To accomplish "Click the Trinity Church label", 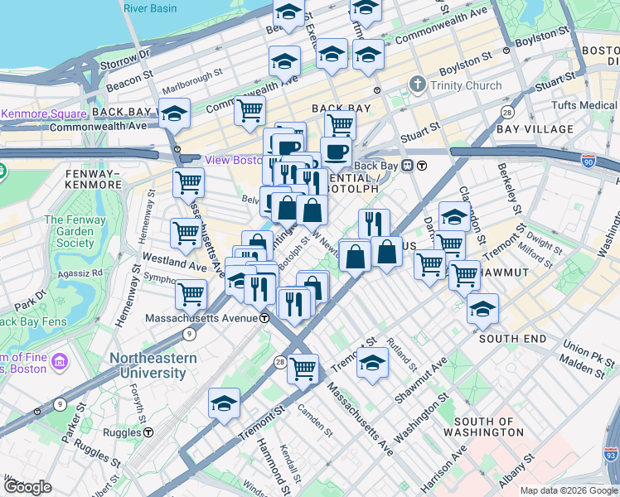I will [466, 85].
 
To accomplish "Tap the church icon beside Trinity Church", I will [418, 84].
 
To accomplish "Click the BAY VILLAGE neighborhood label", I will [535, 129].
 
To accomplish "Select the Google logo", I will [27, 487].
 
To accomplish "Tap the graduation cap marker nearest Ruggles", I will [224, 403].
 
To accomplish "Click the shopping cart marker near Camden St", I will [303, 367].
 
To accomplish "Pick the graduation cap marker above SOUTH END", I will [482, 308].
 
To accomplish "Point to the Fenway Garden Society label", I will [70, 231].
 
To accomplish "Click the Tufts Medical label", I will [587, 105].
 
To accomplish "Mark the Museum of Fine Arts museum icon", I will [59, 363].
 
